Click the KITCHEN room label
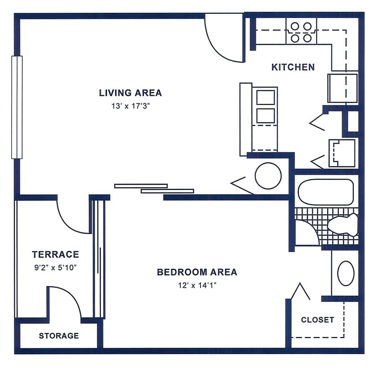coord(293,67)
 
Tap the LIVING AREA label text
coord(130,93)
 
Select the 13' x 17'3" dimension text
coord(130,106)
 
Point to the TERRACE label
coord(55,254)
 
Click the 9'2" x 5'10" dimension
coord(55,266)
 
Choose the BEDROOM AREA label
coord(196,272)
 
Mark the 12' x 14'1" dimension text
coord(196,285)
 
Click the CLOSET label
coord(317,320)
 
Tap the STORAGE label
coord(59,336)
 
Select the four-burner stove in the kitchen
coord(301,31)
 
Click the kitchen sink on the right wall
coord(342,88)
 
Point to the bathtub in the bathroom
coord(326,192)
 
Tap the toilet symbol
coord(343,224)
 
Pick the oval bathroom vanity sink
coord(346,273)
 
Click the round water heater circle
coord(268,176)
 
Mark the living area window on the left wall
coord(17,107)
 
